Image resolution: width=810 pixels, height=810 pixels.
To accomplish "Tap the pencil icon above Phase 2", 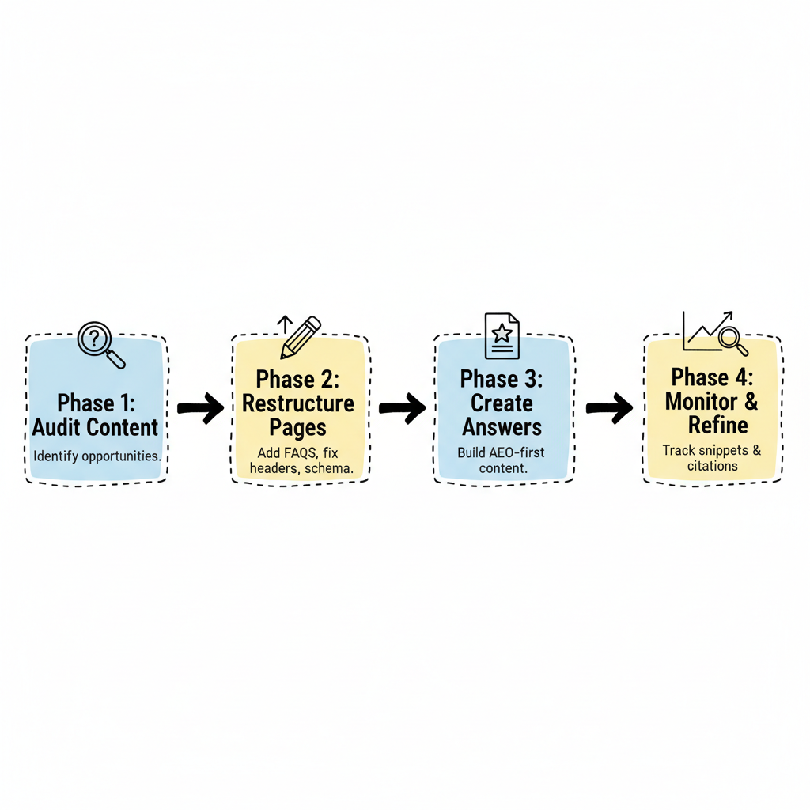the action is pos(299,337).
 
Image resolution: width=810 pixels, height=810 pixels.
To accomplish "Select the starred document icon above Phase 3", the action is pos(502,336).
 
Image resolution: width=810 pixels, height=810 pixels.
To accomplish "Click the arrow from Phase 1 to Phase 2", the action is pos(200,408).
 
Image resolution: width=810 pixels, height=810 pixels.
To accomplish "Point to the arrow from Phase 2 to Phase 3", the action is pos(402,408).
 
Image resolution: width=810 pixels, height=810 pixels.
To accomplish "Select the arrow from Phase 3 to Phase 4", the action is pos(609,408).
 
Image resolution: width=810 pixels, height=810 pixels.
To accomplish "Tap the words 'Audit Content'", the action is pos(95,428).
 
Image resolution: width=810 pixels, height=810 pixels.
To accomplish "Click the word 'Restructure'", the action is pos(298,403).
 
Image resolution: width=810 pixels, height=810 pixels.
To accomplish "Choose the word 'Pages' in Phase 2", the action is pos(298,428).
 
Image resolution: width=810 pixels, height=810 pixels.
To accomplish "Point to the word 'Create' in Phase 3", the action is pos(502,403).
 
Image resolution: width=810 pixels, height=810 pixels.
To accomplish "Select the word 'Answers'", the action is pos(502,428).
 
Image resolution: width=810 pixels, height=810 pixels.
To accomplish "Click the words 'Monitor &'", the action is pos(712,401).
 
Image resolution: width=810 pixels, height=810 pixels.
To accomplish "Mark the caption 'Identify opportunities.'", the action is pos(97,456).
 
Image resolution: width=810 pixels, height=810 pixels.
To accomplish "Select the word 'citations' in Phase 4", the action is pos(713,466).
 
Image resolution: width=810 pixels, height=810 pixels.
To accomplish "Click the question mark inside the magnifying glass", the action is pos(95,339).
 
